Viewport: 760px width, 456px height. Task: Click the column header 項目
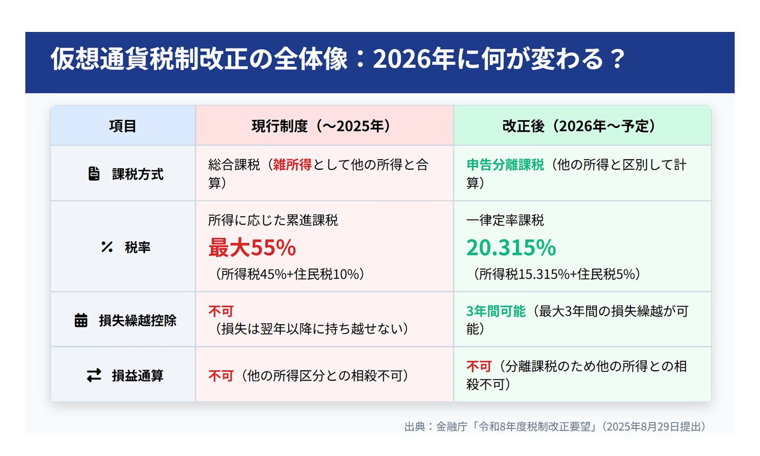point(123,126)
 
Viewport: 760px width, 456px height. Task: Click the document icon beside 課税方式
point(94,174)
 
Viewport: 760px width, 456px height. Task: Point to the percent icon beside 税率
point(106,247)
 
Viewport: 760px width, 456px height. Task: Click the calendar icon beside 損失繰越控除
point(81,320)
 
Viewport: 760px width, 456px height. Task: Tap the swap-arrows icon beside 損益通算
point(94,375)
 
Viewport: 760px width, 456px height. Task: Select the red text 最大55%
point(252,248)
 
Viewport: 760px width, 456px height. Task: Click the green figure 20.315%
point(511,248)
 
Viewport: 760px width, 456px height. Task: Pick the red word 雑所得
point(292,165)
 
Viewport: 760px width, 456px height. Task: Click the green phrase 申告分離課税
point(505,165)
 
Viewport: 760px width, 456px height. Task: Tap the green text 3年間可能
point(496,311)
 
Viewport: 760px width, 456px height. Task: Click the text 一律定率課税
point(505,220)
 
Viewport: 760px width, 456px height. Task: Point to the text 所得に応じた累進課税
point(273,220)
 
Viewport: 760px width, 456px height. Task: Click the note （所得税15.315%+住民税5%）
point(556,274)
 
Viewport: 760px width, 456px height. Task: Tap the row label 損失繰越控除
point(138,321)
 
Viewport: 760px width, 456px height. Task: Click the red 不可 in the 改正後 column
point(479,366)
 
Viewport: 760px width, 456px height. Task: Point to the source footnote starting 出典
point(555,427)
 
